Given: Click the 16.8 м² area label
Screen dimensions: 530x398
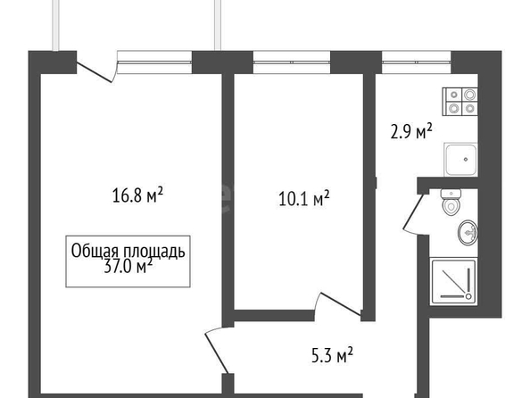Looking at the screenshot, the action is click(137, 195).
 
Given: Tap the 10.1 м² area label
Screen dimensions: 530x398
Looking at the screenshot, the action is click(304, 198).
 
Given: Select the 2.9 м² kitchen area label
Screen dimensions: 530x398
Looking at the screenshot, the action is click(411, 131).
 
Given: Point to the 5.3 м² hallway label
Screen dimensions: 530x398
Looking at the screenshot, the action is click(332, 355).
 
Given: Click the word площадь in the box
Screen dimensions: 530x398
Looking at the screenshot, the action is click(154, 252).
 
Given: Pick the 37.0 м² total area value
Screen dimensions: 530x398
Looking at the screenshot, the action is click(128, 267).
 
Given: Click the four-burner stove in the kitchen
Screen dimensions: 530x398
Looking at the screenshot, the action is click(460, 101).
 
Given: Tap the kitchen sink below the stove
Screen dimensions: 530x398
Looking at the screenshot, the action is click(460, 159).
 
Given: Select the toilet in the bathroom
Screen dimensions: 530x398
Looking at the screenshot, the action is click(451, 203).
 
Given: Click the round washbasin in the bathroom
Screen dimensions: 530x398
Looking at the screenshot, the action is click(468, 232).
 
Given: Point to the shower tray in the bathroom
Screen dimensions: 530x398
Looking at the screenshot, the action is click(453, 281).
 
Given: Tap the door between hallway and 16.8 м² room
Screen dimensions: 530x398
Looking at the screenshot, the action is click(218, 351).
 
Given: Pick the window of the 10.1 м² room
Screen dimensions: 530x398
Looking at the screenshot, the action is click(292, 62).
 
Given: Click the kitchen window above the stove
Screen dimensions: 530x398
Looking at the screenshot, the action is click(417, 62).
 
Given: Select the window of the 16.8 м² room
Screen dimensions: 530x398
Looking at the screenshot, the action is click(154, 62).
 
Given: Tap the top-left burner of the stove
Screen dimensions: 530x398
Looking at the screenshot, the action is click(454, 95).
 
